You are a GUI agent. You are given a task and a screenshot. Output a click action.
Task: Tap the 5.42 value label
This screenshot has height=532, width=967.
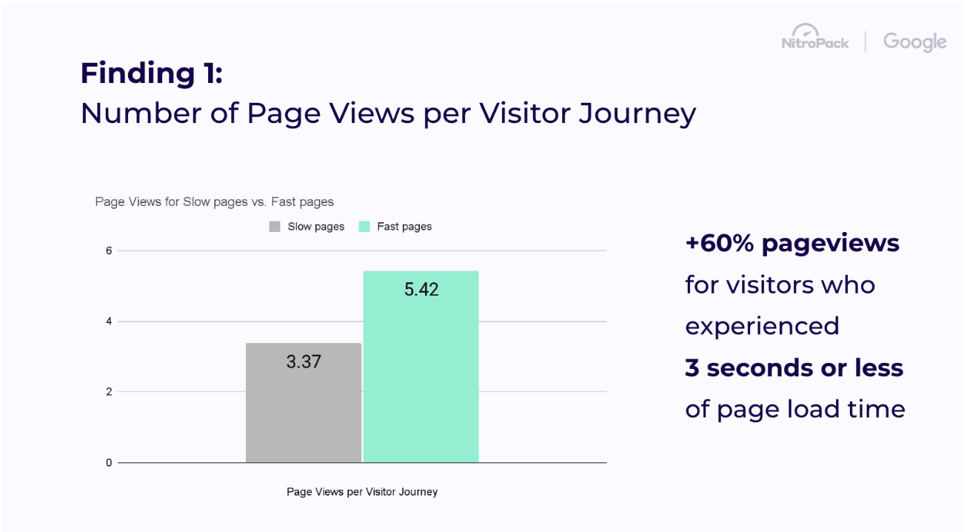(x=421, y=289)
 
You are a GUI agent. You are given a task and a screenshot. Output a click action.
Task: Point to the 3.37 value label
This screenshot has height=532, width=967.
(x=304, y=362)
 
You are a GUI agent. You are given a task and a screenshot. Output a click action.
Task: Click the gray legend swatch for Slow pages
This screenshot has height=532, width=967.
(x=275, y=227)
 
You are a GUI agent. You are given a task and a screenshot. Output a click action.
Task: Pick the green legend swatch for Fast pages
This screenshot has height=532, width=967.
(x=364, y=227)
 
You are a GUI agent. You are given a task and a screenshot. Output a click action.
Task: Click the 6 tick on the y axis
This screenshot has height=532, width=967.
(x=109, y=250)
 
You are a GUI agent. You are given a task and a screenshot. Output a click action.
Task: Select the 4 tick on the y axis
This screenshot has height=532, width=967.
(x=109, y=322)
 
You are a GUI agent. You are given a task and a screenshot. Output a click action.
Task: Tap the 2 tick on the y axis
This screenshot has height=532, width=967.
(x=109, y=392)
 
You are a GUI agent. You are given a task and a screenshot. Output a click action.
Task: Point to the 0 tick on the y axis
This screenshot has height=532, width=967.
(x=109, y=463)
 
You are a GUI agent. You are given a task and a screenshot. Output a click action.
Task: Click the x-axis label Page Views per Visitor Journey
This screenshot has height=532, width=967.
(x=362, y=491)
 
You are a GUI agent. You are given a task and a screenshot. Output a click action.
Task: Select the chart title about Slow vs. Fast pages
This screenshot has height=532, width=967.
(x=214, y=202)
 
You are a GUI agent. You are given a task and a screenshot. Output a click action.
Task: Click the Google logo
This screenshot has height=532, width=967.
(x=914, y=42)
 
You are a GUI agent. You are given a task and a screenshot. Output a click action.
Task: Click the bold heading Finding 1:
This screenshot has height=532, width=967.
(x=151, y=73)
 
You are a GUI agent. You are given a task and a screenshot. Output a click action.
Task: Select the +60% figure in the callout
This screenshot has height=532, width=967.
(x=718, y=243)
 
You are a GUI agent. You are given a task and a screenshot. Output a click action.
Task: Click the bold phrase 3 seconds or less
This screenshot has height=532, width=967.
(x=794, y=368)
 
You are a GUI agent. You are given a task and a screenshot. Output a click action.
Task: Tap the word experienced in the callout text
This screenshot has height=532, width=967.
(x=762, y=326)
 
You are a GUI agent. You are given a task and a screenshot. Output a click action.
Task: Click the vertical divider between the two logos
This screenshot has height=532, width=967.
(x=866, y=41)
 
